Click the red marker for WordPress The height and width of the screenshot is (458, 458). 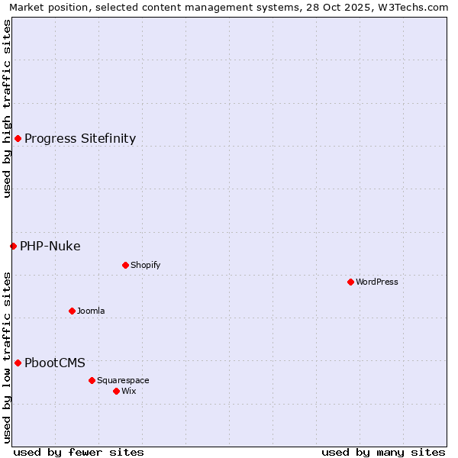click(x=350, y=282)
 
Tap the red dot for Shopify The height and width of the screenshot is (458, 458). click(x=125, y=265)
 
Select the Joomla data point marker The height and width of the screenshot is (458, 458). click(x=72, y=311)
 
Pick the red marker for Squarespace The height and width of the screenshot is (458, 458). click(x=92, y=380)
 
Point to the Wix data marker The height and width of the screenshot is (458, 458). click(x=116, y=391)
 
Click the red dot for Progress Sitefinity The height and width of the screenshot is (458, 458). click(x=18, y=138)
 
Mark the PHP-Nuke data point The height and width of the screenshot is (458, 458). click(x=13, y=246)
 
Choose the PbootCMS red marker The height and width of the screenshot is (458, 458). click(x=18, y=363)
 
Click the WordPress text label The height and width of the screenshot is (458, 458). click(x=377, y=282)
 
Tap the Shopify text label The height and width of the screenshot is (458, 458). click(x=145, y=265)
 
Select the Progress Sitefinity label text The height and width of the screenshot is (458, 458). click(x=80, y=138)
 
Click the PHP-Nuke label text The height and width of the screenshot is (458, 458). click(x=50, y=246)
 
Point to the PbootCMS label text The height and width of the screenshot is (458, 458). click(x=55, y=363)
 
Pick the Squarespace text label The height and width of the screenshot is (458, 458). click(x=123, y=380)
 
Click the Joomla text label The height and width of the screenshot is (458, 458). click(x=91, y=311)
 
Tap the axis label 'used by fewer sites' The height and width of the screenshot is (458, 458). click(x=79, y=452)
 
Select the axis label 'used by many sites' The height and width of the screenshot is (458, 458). click(x=383, y=452)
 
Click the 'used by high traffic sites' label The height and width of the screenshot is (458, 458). click(x=7, y=108)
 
